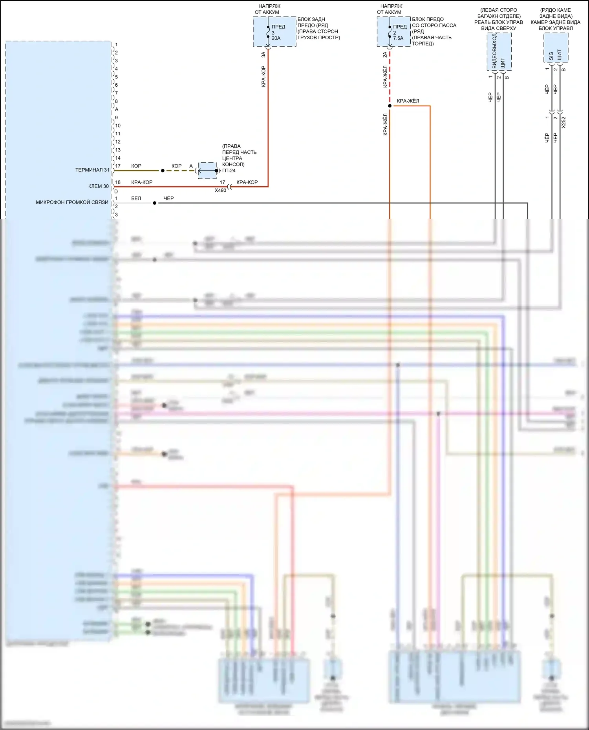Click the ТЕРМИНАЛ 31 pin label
tap(92, 170)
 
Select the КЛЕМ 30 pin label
tap(98, 186)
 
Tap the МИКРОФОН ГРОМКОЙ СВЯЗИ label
tap(72, 202)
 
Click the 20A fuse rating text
tap(276, 38)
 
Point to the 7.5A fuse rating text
tap(398, 38)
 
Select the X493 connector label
tap(220, 191)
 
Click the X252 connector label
tap(564, 122)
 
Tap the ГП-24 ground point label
tap(229, 171)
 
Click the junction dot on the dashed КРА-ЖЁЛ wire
tap(390, 106)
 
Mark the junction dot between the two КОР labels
tap(163, 171)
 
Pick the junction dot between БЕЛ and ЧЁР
tap(155, 203)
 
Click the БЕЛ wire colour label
tap(136, 198)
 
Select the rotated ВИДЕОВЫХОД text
tap(494, 51)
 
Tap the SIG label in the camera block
tap(551, 56)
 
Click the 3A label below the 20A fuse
tap(263, 55)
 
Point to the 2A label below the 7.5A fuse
tap(385, 55)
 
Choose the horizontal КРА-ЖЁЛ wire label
tap(408, 101)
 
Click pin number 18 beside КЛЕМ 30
tap(118, 182)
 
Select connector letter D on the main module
tap(116, 191)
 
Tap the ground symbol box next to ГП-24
tap(207, 171)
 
